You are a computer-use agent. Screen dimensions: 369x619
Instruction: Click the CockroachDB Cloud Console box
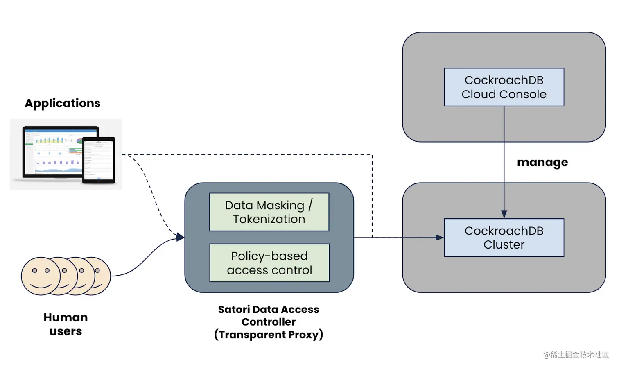(504, 87)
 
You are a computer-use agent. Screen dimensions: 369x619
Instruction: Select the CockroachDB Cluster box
(504, 238)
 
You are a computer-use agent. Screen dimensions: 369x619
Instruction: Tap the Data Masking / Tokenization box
(269, 212)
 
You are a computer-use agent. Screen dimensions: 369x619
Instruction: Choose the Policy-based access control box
(269, 263)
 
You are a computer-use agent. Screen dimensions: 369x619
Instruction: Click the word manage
(542, 163)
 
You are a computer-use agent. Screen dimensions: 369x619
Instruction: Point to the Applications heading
(63, 103)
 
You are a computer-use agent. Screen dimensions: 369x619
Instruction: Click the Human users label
(66, 324)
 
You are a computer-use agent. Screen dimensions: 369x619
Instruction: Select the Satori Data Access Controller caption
(269, 322)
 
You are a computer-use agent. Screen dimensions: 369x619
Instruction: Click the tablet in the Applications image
(99, 160)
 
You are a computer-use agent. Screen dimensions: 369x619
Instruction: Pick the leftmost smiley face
(40, 276)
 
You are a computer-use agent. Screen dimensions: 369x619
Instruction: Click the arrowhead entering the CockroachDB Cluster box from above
(504, 214)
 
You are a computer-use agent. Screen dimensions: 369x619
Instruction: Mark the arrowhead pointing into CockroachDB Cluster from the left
(440, 238)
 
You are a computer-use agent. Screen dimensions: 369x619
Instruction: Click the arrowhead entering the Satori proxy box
(180, 237)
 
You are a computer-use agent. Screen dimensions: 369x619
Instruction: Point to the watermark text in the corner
(576, 355)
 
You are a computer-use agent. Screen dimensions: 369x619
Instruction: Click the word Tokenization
(269, 220)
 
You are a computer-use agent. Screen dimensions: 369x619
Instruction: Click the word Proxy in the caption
(304, 335)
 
